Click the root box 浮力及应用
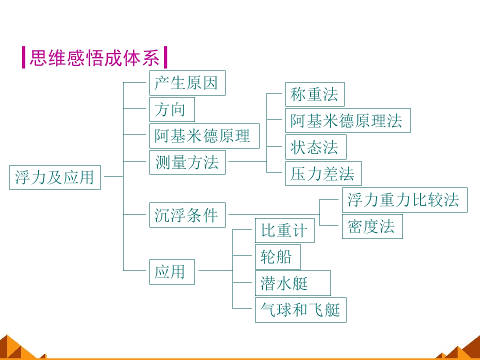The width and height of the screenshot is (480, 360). point(55,177)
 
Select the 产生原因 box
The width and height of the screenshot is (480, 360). point(187,83)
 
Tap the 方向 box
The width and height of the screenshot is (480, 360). point(172,109)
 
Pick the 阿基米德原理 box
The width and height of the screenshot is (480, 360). point(204,136)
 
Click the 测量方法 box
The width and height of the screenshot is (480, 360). point(187,162)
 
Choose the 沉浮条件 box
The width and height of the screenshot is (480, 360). point(187,215)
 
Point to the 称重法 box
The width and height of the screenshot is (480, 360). point(315,94)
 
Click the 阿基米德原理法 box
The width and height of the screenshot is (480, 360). point(348,120)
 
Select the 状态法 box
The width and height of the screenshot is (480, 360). point(316,147)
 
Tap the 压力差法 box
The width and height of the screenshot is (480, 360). point(323,173)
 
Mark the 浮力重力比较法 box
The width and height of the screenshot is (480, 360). point(404,200)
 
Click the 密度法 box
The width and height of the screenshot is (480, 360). point(372,226)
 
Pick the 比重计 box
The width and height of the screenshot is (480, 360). point(284,230)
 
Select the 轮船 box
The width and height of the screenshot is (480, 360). point(278,257)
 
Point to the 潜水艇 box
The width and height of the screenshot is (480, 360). point(293,283)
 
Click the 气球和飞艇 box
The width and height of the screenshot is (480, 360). point(300,310)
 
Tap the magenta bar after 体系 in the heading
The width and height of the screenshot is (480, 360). point(165,57)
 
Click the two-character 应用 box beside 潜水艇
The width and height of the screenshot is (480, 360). point(172,272)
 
